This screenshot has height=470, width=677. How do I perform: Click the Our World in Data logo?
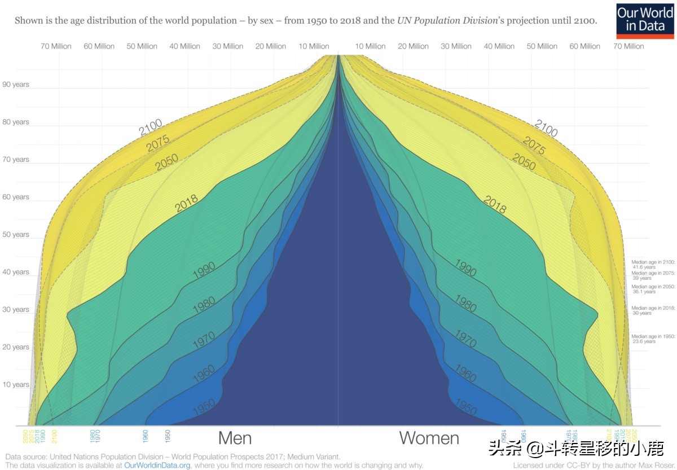coord(645,20)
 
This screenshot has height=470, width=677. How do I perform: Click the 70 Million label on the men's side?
coord(56,46)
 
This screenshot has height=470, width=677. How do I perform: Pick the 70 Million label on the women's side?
coord(628,46)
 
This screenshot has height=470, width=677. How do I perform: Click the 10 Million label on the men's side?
coord(314,46)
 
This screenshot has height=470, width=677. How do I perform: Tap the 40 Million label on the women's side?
coord(499,46)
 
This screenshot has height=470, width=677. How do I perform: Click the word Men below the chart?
coord(235,438)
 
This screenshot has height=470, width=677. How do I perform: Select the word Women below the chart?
coord(429,438)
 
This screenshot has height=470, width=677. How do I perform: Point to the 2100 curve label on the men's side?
coord(151,128)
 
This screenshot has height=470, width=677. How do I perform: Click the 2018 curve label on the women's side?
coord(495,204)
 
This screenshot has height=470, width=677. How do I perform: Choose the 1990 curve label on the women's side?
coord(466,268)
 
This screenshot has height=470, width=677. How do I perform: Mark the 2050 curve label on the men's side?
coord(166,163)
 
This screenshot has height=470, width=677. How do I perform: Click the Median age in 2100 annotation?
coord(653,264)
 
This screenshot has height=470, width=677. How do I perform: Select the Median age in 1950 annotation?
coord(653,339)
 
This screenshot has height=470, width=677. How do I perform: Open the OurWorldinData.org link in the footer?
coord(157,465)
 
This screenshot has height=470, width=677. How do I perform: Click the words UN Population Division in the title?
coord(439,21)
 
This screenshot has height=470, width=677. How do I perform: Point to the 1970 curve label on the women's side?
coord(466,339)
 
